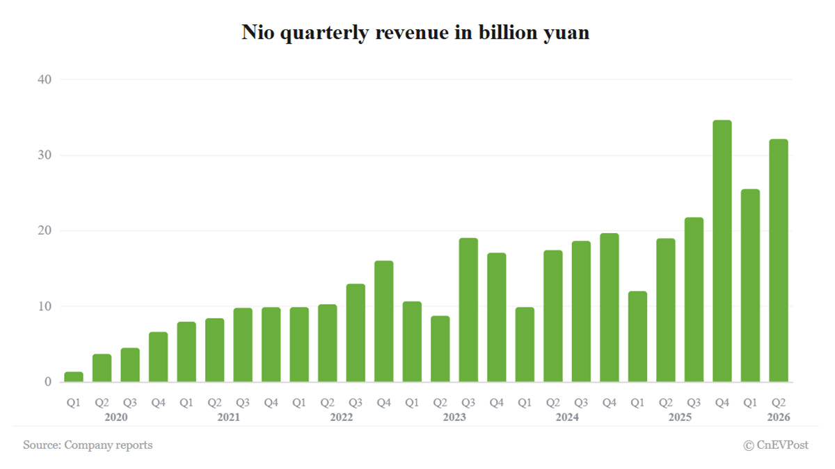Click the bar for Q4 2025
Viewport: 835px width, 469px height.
pyautogui.click(x=722, y=251)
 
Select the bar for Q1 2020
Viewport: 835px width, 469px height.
pyautogui.click(x=74, y=377)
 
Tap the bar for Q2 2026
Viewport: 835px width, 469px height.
pyautogui.click(x=779, y=261)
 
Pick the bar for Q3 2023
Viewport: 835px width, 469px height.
pyautogui.click(x=468, y=310)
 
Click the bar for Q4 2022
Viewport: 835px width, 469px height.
pyautogui.click(x=383, y=321)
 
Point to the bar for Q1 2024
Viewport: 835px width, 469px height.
pyautogui.click(x=525, y=344)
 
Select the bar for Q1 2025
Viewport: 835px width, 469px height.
pyautogui.click(x=637, y=337)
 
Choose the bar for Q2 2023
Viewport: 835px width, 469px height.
pyautogui.click(x=440, y=349)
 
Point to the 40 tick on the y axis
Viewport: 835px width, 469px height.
pyautogui.click(x=45, y=79)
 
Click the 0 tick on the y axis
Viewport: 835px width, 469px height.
pyautogui.click(x=48, y=382)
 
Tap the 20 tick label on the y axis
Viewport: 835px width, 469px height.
pyautogui.click(x=45, y=230)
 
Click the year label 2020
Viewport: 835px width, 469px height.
pyautogui.click(x=116, y=417)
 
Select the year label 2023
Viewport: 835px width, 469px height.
pyautogui.click(x=454, y=417)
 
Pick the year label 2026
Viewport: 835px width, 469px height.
pyautogui.click(x=779, y=417)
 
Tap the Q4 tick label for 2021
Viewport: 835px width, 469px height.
pyautogui.click(x=271, y=403)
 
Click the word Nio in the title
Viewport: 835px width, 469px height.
pyautogui.click(x=258, y=32)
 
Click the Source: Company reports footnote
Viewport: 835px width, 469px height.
pyautogui.click(x=88, y=445)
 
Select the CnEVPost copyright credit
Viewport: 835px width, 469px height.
pyautogui.click(x=776, y=445)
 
